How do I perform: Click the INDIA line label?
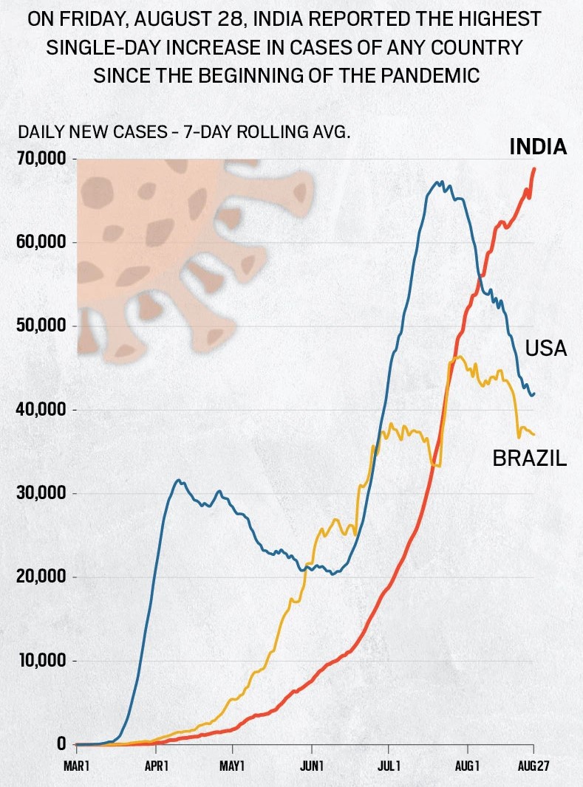pyautogui.click(x=538, y=147)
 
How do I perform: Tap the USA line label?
pyautogui.click(x=545, y=348)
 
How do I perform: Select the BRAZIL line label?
pyautogui.click(x=529, y=458)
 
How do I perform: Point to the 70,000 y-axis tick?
pyautogui.click(x=41, y=159)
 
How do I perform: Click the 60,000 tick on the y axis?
pyautogui.click(x=41, y=242)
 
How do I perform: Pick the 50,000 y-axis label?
pyautogui.click(x=41, y=326)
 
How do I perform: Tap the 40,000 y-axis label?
pyautogui.click(x=41, y=409)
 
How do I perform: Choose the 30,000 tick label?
pyautogui.click(x=41, y=492)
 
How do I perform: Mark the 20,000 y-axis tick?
pyautogui.click(x=41, y=576)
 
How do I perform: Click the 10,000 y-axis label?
pyautogui.click(x=41, y=660)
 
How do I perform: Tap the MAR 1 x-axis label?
pyautogui.click(x=77, y=766)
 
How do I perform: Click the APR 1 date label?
pyautogui.click(x=157, y=766)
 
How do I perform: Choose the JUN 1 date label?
pyautogui.click(x=312, y=766)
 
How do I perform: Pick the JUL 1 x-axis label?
pyautogui.click(x=389, y=766)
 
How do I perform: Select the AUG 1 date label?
pyautogui.click(x=467, y=766)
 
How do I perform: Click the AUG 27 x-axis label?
pyautogui.click(x=533, y=766)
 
